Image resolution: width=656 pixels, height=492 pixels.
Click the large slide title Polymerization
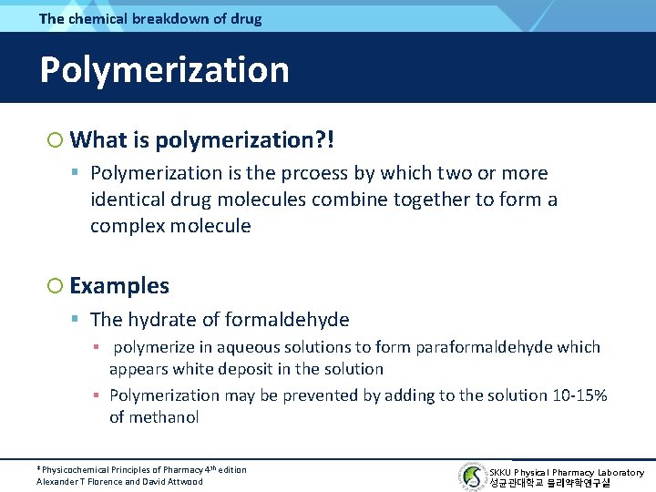click(164, 70)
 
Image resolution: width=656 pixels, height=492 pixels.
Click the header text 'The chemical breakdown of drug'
click(150, 18)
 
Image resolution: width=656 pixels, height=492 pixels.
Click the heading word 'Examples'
click(119, 286)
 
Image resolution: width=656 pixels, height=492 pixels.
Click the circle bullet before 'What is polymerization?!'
click(55, 140)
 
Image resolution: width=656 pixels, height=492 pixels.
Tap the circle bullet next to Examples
click(55, 286)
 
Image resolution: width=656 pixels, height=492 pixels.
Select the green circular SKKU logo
click(472, 477)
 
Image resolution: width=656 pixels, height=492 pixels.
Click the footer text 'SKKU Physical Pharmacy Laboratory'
click(567, 472)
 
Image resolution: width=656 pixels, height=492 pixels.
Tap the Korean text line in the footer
click(549, 483)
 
